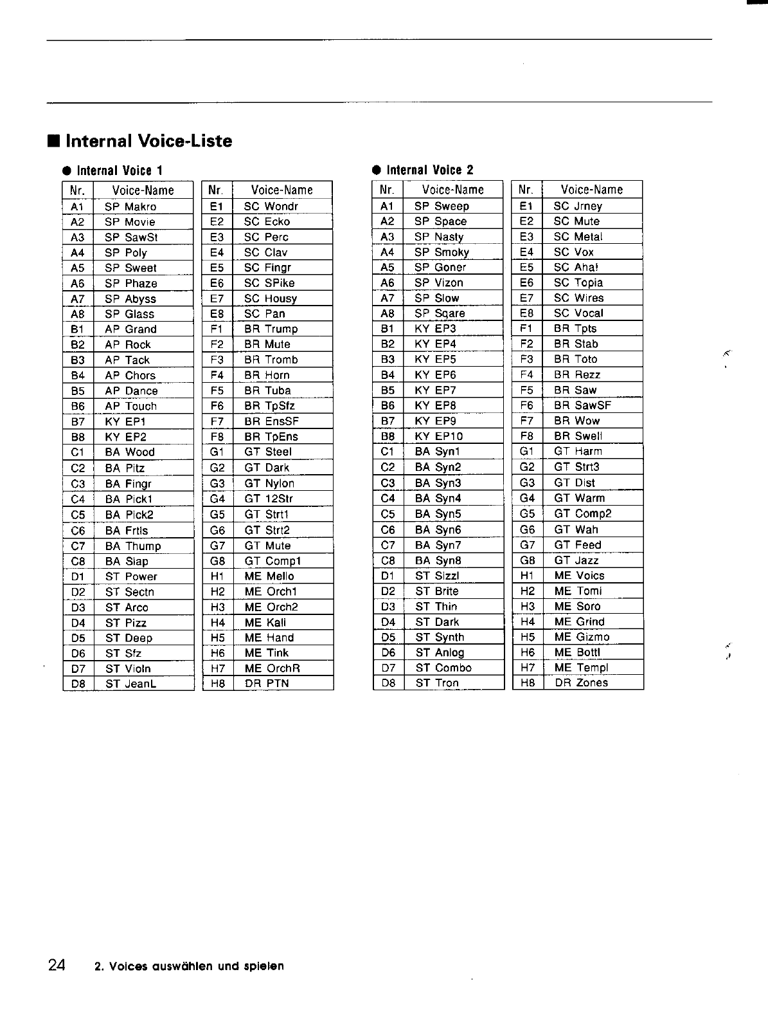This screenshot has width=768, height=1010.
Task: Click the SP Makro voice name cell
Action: pyautogui.click(x=130, y=207)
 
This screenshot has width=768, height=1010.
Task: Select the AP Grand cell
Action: pyautogui.click(x=130, y=329)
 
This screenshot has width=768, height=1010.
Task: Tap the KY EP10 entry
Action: pyautogui.click(x=439, y=436)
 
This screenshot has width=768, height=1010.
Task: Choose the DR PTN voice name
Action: pyautogui.click(x=267, y=684)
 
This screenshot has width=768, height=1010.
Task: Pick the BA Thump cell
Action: pyautogui.click(x=133, y=546)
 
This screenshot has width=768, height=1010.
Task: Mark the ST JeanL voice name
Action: pyautogui.click(x=131, y=684)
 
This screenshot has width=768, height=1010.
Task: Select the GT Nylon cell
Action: pyautogui.click(x=269, y=483)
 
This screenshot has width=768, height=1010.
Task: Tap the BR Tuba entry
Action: pyautogui.click(x=267, y=390)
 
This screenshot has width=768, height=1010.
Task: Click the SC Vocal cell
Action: pyautogui.click(x=578, y=313)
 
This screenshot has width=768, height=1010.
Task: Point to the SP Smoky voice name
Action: pyautogui.click(x=442, y=252)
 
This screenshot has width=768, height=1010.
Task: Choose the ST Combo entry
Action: pyautogui.click(x=443, y=668)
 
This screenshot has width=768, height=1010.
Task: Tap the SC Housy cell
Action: pyautogui.click(x=271, y=298)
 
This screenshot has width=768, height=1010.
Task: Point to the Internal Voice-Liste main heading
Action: pyautogui.click(x=148, y=141)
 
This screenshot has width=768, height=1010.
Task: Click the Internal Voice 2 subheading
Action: pyautogui.click(x=429, y=170)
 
